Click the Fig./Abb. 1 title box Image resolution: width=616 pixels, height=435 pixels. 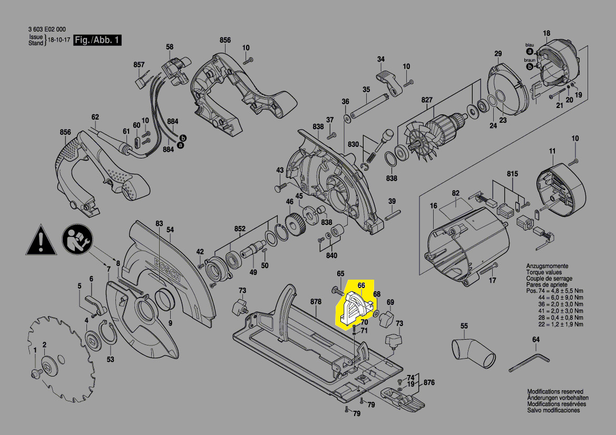98,41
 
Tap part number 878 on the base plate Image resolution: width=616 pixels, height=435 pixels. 316,302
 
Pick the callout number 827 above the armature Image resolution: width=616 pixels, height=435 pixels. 426,101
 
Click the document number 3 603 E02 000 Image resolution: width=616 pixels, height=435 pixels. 46,29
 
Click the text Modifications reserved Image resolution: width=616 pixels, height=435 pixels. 555,392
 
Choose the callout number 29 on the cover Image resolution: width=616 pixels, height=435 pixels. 497,54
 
